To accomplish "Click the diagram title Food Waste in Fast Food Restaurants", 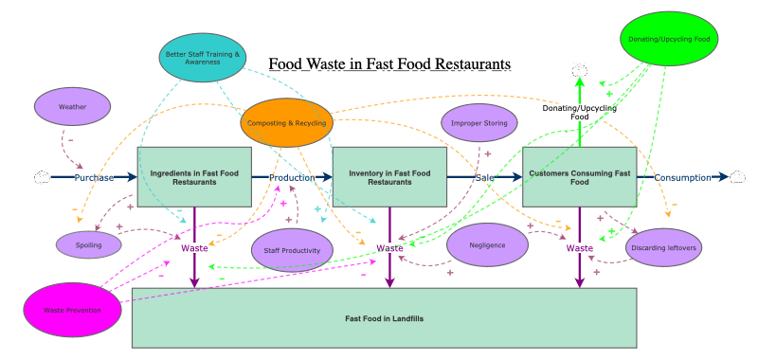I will pos(389,64).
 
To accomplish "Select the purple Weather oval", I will pos(72,107).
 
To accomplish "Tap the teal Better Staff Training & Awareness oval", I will pos(203,58).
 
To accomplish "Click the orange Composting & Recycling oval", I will pos(287,123).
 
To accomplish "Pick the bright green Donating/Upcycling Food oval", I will pos(668,39).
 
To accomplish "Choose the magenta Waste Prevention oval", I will pos(73,309).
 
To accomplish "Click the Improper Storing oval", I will pos(479,122).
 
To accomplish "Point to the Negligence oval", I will pos(487,245).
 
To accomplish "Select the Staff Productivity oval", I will pos(292,251).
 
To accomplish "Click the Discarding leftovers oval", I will pos(663,248).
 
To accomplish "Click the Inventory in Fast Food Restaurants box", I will pos(389,177).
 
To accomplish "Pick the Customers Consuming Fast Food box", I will pos(579,177).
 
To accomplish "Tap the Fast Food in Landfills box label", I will pos(384,318).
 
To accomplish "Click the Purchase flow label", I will pos(95,177).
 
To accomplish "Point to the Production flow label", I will pos(292,177).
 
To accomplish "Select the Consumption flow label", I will pos(682,177).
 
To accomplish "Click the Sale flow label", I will pos(484,177).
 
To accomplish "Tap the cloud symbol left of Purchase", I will pos(43,177).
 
